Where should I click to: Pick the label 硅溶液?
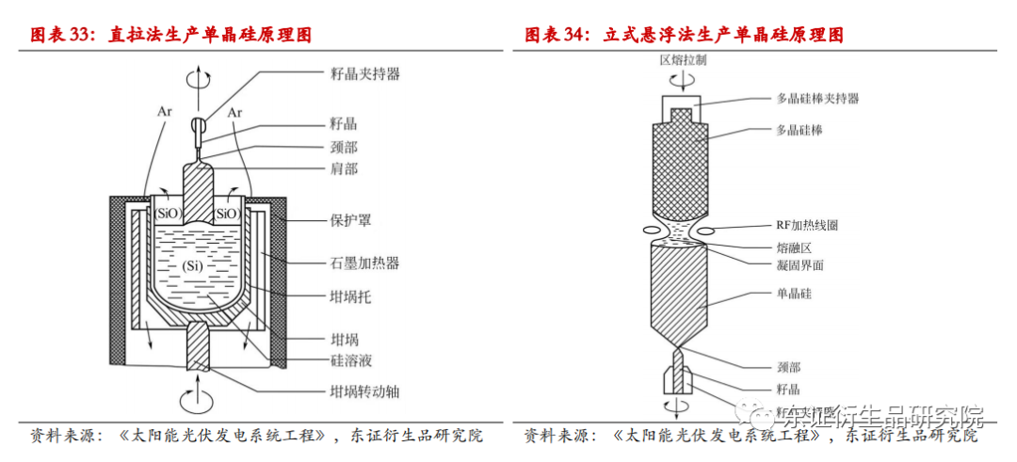pyautogui.click(x=350, y=361)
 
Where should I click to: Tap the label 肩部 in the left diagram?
pyautogui.click(x=344, y=168)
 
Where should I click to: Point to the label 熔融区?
pyautogui.click(x=793, y=247)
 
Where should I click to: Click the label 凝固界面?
pyautogui.click(x=799, y=265)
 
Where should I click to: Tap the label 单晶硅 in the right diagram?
pyautogui.click(x=793, y=295)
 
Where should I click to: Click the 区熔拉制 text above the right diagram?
pyautogui.click(x=683, y=59)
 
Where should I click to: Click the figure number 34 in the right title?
pyautogui.click(x=573, y=35)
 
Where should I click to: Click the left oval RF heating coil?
pyautogui.click(x=654, y=230)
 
